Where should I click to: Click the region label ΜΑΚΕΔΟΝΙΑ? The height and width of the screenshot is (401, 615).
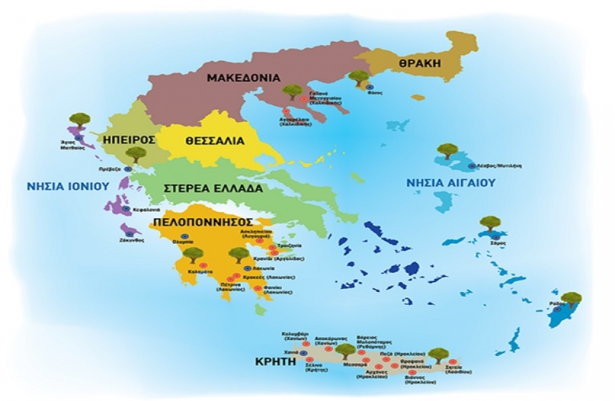tap(244, 78)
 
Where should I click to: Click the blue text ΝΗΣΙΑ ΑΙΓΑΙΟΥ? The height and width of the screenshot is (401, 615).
tap(452, 183)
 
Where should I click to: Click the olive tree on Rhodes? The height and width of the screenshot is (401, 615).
tap(571, 300)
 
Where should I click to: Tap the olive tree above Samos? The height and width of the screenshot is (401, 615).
tap(490, 224)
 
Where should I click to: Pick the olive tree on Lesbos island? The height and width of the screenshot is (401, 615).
tap(446, 153)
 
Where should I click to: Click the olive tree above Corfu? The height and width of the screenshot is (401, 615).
tap(80, 120)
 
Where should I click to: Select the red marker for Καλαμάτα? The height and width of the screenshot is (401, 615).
tap(201, 264)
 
